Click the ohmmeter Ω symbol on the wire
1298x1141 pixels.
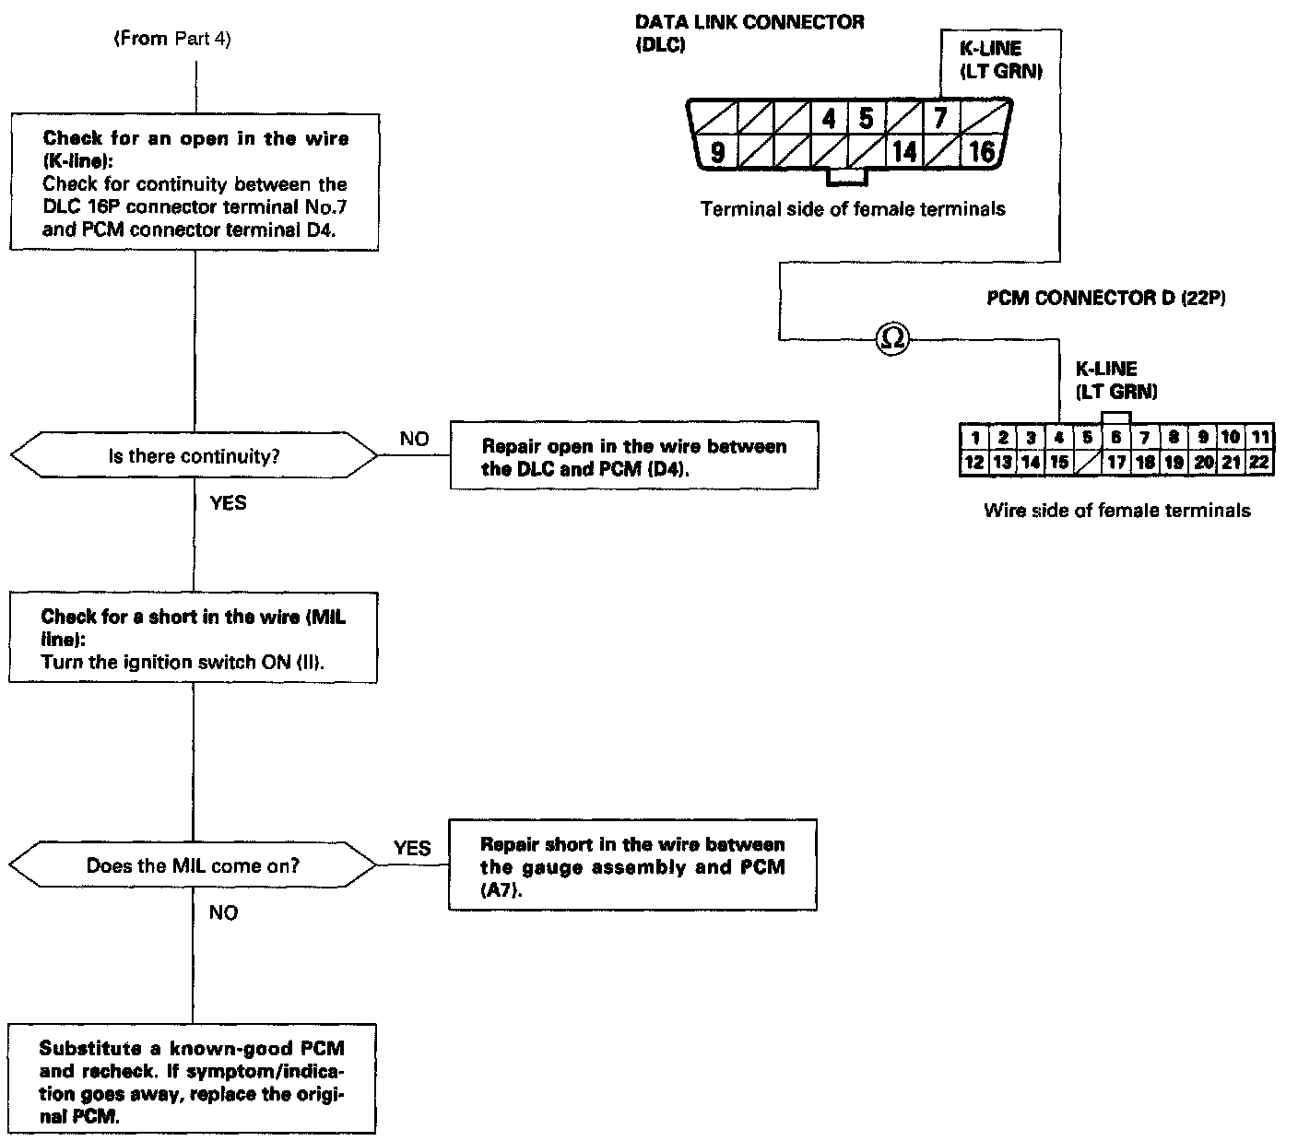coord(891,340)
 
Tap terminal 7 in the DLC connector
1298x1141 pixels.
coord(940,119)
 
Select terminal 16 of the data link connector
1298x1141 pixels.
coord(980,152)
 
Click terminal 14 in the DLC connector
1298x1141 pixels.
coord(904,152)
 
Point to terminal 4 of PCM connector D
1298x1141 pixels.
coord(1059,438)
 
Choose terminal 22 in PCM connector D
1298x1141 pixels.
coord(1259,463)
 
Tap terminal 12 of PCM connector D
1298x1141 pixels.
coord(973,463)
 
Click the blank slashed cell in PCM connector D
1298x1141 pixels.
coord(1088,463)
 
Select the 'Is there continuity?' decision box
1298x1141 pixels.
coord(194,455)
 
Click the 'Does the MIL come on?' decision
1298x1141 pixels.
coord(194,865)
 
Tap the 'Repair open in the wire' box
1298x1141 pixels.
coord(634,456)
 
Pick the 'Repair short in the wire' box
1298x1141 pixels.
coord(632,866)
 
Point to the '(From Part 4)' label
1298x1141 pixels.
coord(171,40)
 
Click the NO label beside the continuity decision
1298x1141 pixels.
coord(414,439)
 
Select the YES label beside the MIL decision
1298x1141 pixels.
coord(412,848)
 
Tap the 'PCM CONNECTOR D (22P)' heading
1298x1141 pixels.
coord(1105,298)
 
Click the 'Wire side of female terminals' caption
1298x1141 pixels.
coord(1117,510)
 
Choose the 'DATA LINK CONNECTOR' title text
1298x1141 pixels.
coord(749,22)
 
